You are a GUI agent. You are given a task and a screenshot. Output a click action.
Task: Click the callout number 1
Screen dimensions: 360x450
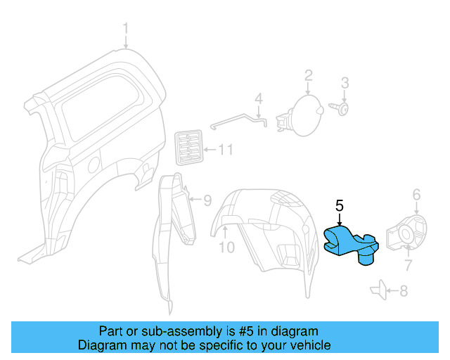126,29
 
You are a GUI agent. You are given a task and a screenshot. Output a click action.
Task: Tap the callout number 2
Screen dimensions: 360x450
308,76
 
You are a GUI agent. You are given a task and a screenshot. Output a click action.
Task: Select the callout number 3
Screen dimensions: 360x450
345,84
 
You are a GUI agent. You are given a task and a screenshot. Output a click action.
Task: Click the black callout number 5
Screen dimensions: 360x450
339,206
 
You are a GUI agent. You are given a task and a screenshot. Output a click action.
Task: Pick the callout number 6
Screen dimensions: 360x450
416,195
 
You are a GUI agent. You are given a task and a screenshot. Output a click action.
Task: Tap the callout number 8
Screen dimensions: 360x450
403,289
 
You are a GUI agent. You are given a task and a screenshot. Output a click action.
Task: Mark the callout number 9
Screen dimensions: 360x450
207,200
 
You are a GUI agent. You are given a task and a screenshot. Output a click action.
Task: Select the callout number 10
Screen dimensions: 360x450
226,247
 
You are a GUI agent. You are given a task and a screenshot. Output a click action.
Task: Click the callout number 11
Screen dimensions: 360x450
225,149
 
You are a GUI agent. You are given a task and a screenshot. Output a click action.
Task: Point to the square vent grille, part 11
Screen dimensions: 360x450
188,148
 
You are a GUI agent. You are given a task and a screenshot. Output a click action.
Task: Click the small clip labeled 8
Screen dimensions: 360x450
376,288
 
